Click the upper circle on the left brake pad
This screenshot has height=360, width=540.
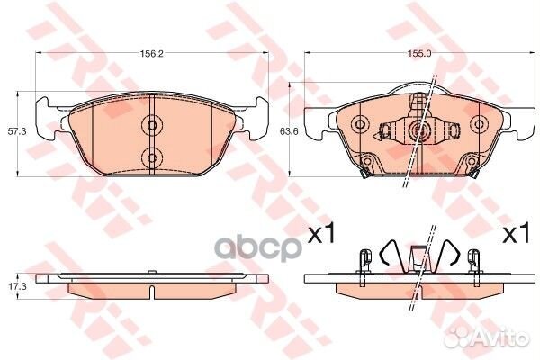pos(151,124)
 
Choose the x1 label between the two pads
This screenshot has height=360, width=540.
pos(321,236)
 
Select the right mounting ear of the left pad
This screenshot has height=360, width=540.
pos(259,112)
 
